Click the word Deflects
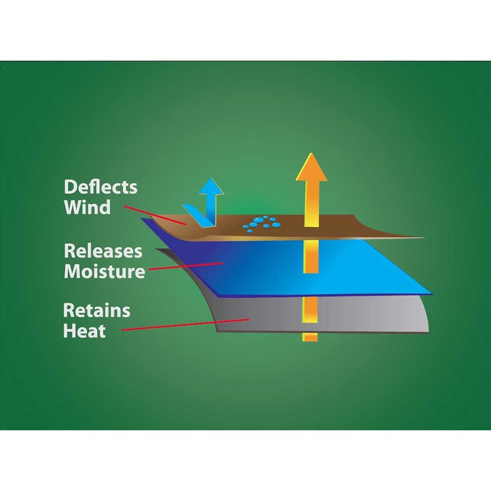101,187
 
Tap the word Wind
87,207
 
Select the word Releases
103,251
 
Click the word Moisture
104,271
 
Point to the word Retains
96,311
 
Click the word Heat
84,330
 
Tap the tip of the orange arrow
311,153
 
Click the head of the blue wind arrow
212,187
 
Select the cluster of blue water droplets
262,224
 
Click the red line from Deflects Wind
155,215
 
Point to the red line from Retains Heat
186,325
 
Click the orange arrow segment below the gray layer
310,337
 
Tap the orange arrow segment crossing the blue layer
311,257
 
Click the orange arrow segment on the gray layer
310,309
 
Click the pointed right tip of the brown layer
424,238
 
